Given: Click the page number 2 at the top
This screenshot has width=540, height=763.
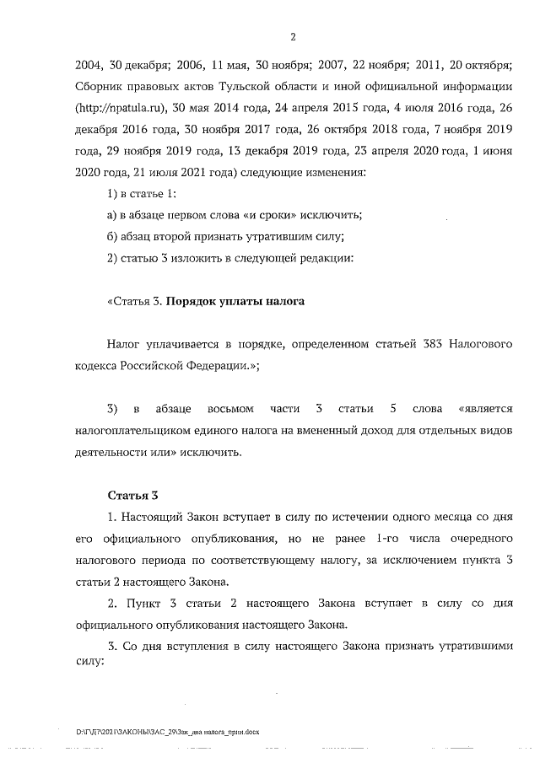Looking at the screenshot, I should coord(292,36).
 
